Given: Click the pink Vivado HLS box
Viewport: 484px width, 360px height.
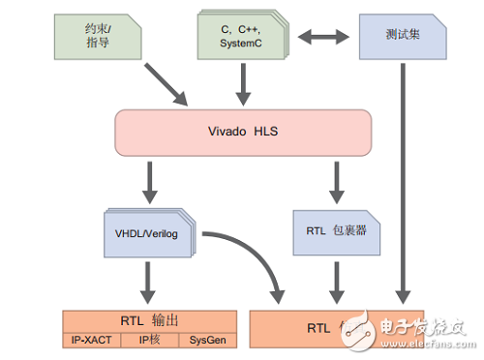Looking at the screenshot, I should pyautogui.click(x=243, y=131).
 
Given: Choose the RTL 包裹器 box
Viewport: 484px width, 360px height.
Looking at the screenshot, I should pyautogui.click(x=335, y=230).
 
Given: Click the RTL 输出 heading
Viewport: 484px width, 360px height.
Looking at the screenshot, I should pyautogui.click(x=150, y=319).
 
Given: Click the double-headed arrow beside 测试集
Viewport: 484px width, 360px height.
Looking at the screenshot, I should pyautogui.click(x=324, y=38).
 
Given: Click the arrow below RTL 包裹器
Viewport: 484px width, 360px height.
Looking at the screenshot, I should pyautogui.click(x=336, y=283).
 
